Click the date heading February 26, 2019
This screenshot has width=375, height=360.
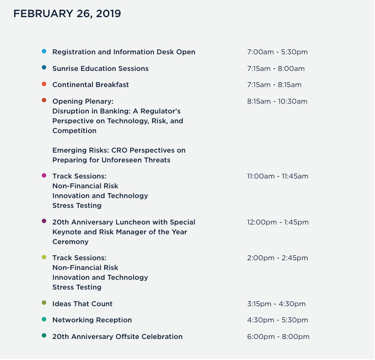(x=67, y=14)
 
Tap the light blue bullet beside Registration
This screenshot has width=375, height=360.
(x=44, y=51)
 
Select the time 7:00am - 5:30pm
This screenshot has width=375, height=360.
(x=277, y=52)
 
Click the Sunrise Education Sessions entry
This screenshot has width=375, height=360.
(x=100, y=68)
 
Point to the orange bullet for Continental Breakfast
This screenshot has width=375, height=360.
(x=44, y=84)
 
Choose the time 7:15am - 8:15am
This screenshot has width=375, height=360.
(x=274, y=85)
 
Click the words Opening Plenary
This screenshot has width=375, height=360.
(x=83, y=101)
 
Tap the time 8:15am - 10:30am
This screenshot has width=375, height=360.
(x=277, y=102)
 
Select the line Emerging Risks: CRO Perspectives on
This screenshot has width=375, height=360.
(x=119, y=150)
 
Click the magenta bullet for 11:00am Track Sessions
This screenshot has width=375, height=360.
(x=44, y=176)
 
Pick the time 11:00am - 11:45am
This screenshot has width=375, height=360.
(x=278, y=177)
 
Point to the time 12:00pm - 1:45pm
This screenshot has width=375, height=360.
(x=278, y=223)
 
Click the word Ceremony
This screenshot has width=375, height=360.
(x=70, y=242)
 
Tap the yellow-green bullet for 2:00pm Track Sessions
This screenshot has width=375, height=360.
(x=44, y=257)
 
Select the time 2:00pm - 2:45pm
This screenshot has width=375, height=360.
(x=278, y=258)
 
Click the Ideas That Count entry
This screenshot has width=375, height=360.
(x=82, y=304)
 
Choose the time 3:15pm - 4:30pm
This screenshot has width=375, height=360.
(x=276, y=304)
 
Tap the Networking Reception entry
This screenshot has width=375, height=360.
(x=92, y=320)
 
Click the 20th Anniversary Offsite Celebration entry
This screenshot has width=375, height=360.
(x=117, y=337)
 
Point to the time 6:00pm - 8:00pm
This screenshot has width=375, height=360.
(x=278, y=337)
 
